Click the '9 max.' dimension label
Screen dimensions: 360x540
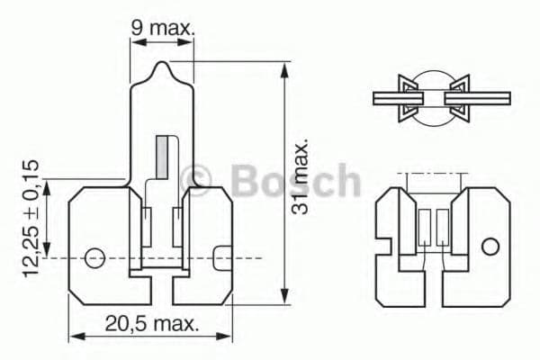pyautogui.click(x=163, y=28)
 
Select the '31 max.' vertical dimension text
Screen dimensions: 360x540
pyautogui.click(x=301, y=176)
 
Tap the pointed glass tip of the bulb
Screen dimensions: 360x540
pyautogui.click(x=162, y=67)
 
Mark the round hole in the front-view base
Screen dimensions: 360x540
pyautogui.click(x=94, y=258)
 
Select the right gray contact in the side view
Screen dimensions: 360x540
pyautogui.click(x=442, y=227)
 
